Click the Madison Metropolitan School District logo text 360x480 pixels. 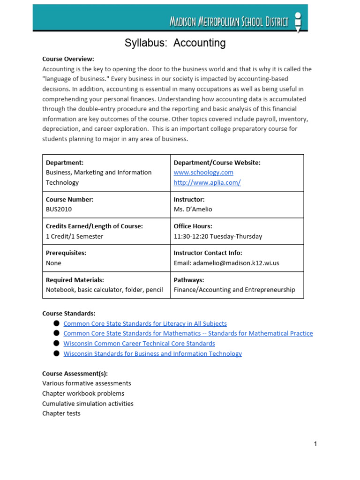[228, 22]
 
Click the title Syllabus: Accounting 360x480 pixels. [175, 43]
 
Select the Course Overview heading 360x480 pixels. [68, 59]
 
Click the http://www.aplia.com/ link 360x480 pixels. [207, 182]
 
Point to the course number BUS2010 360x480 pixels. [59, 209]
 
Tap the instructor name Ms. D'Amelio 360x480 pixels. [193, 209]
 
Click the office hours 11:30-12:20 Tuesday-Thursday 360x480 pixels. [217, 236]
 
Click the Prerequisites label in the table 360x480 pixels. [66, 253]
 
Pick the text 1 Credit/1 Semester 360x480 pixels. [75, 236]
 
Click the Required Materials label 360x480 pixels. [75, 280]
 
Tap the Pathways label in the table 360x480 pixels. [188, 280]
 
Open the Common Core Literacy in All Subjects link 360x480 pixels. [145, 323]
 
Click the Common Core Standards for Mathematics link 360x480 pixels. [188, 333]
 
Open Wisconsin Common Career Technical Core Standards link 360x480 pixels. [139, 344]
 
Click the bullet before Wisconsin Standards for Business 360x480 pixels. [56, 353]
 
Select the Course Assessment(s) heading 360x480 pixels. [75, 374]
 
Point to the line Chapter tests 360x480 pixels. [61, 413]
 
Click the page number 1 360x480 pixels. [315, 444]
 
